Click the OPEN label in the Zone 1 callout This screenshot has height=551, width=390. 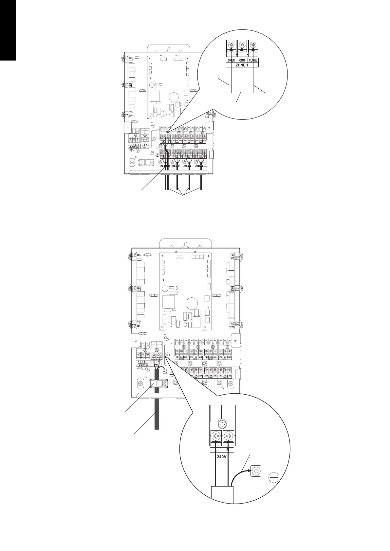pos(232,60)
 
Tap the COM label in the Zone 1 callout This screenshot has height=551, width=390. pos(242,60)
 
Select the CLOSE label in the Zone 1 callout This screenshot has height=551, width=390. pos(253,60)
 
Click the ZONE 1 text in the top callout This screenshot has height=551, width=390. pos(242,65)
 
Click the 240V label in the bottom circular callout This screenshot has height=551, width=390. pos(222,456)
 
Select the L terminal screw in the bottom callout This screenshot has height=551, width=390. pos(216,436)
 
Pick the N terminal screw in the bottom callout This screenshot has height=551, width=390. pos(228,436)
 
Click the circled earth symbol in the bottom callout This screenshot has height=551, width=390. pos(274,478)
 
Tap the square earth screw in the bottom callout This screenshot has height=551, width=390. pos(256,471)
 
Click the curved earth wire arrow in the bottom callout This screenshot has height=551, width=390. pos(239,474)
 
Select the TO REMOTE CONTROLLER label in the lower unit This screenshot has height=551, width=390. pos(143,364)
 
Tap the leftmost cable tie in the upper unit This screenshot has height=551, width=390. pos(164,167)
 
